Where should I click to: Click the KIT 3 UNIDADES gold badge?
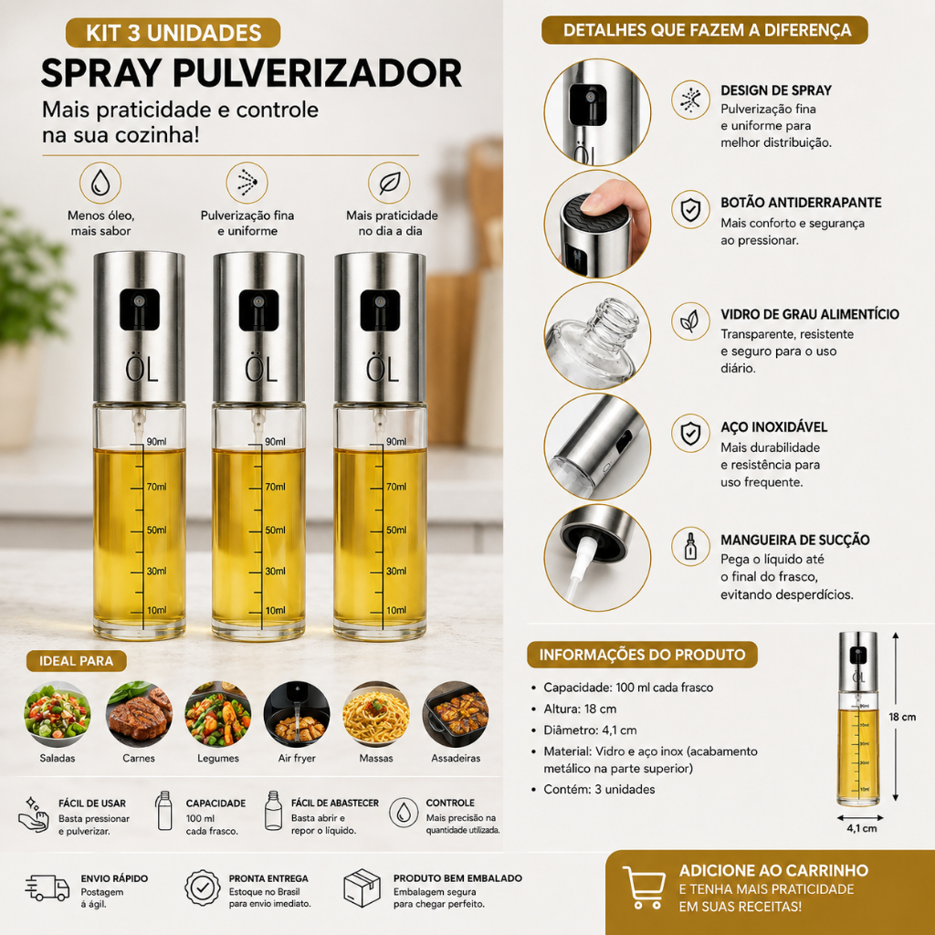pyautogui.click(x=173, y=32)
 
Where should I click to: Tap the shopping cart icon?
pyautogui.click(x=644, y=888)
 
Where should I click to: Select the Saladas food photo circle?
pyautogui.click(x=58, y=714)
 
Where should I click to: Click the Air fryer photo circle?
pyautogui.click(x=297, y=714)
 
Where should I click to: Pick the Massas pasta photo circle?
pyautogui.click(x=376, y=714)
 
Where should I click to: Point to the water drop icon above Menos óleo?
pyautogui.click(x=100, y=183)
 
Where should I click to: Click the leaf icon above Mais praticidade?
pyautogui.click(x=389, y=183)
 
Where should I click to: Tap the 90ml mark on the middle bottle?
pyautogui.click(x=275, y=442)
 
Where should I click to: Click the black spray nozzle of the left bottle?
pyautogui.click(x=140, y=310)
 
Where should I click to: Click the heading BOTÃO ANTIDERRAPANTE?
pyautogui.click(x=801, y=202)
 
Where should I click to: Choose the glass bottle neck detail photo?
pyautogui.click(x=597, y=335)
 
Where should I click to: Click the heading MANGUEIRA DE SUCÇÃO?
pyautogui.click(x=795, y=540)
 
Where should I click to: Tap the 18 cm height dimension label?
pyautogui.click(x=902, y=717)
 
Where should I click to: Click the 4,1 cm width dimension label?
pyautogui.click(x=862, y=828)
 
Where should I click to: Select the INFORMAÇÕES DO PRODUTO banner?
pyautogui.click(x=642, y=654)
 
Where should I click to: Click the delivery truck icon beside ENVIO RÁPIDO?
pyautogui.click(x=47, y=888)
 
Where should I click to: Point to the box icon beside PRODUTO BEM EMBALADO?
pyautogui.click(x=362, y=888)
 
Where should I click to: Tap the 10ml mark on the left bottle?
pyautogui.click(x=157, y=610)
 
